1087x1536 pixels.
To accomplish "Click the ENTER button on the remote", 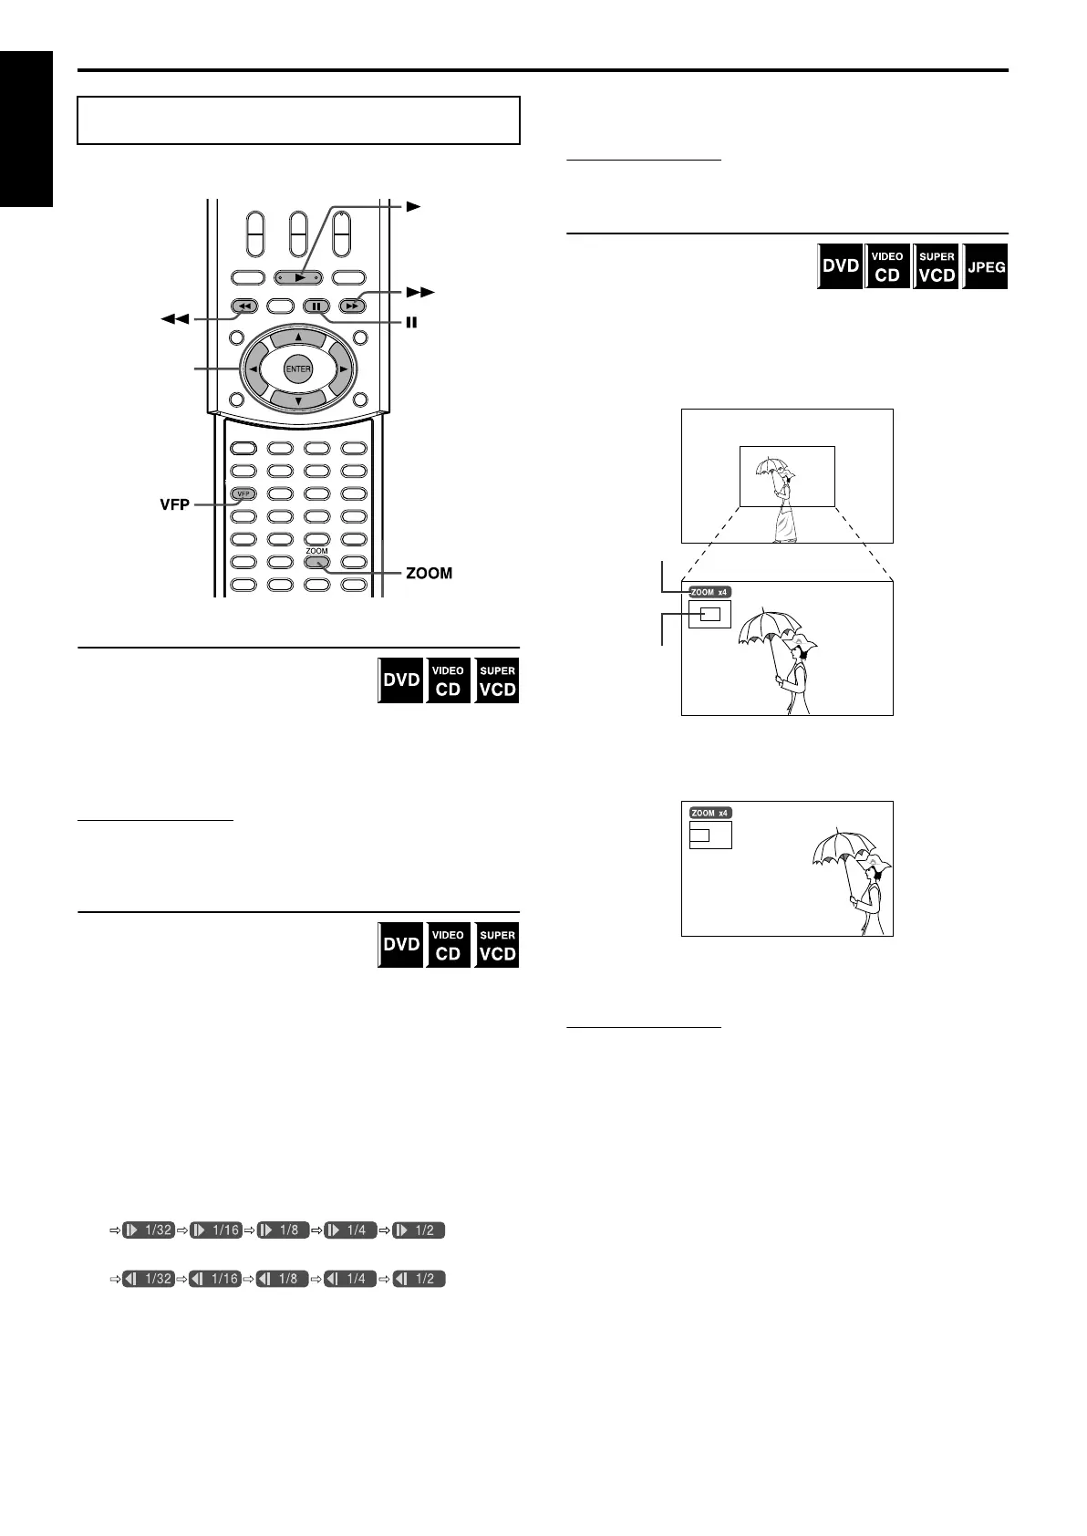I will click(x=298, y=369).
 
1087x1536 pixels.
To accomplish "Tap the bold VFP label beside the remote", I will click(x=174, y=504).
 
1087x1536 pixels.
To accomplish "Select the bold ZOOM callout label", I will click(x=429, y=574).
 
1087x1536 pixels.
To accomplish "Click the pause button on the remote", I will click(x=316, y=306).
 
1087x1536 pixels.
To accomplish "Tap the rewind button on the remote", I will click(x=243, y=306).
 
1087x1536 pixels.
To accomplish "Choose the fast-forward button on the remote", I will click(x=352, y=306).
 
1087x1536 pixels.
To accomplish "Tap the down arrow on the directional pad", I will click(x=298, y=400).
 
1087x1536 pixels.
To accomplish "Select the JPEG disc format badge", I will click(x=986, y=267).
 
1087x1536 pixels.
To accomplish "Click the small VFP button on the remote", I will click(x=243, y=494).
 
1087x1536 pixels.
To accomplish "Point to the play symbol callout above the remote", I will click(x=413, y=207).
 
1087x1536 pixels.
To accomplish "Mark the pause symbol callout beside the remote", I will click(x=411, y=322).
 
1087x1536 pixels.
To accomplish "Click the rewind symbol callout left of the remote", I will click(x=174, y=319).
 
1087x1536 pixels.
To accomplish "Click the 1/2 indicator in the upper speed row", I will click(x=419, y=1230).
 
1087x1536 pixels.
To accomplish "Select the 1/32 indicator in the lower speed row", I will click(x=149, y=1279).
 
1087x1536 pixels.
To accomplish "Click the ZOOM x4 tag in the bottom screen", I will click(x=710, y=813).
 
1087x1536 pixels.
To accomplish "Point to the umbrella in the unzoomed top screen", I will click(x=771, y=467).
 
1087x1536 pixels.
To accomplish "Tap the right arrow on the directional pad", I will click(x=342, y=369).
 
